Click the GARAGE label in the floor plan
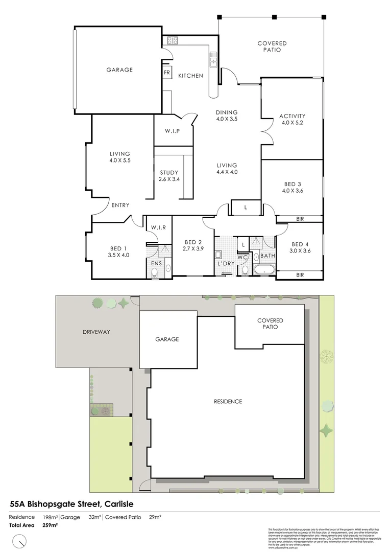pos(119,70)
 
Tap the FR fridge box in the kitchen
pos(166,73)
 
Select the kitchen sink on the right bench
pos(213,62)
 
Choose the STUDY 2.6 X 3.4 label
pos(169,176)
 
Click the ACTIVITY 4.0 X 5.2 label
pos(292,119)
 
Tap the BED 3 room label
pos(293,188)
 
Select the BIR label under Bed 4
pos(300,275)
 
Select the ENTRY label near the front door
pos(120,205)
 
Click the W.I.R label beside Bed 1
pos(156,227)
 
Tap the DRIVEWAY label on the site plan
pos(95,332)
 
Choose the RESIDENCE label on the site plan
pos(228,401)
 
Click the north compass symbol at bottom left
pos(21,540)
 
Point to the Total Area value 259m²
pos(49,525)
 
